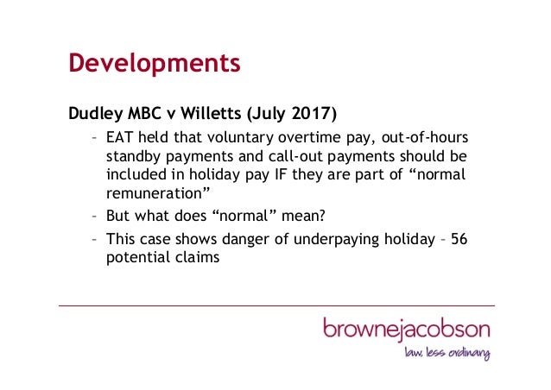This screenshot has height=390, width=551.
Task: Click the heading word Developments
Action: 154,63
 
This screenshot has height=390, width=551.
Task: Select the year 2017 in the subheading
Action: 313,113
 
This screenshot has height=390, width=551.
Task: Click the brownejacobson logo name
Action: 406,329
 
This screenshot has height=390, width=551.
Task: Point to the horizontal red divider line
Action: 276,305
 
